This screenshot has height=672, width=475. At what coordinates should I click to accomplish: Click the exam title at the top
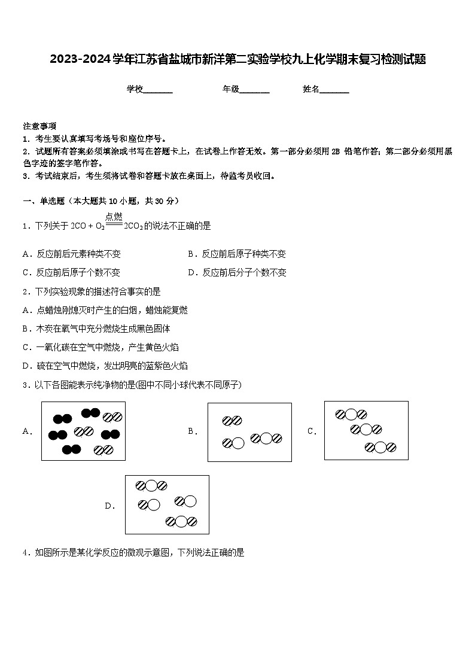pos(237,59)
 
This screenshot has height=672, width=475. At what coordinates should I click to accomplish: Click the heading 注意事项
pos(39,126)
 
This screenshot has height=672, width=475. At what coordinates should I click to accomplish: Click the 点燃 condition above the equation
pos(114,217)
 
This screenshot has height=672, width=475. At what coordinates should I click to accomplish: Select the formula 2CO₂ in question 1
pos(133,226)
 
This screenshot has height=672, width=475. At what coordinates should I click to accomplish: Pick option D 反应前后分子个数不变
pos(237,272)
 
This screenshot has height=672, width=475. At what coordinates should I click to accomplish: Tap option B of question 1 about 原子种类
pos(237,254)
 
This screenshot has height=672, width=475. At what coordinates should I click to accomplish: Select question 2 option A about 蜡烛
pos(105,310)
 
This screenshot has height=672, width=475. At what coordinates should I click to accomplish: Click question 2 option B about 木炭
pos(96,329)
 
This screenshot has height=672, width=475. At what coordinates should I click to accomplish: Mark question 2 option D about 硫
pos(105,366)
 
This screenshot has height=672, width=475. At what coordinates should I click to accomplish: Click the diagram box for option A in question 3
pos(83,431)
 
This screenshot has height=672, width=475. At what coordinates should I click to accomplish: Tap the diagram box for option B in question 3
pos(249,432)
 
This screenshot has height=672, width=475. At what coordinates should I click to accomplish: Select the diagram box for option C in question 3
pos(366,430)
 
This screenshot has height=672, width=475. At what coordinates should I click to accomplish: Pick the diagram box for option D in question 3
pos(167,504)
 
